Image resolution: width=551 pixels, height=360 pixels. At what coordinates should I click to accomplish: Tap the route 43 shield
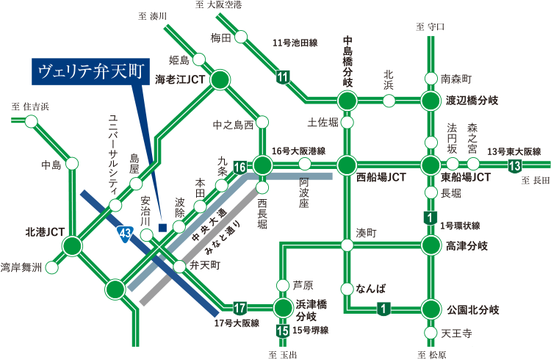[125, 234]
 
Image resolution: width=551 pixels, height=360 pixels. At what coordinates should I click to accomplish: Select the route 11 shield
[284, 77]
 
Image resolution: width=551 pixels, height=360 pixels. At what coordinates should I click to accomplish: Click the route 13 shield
[515, 166]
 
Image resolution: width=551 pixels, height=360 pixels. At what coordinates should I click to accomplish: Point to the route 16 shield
[239, 168]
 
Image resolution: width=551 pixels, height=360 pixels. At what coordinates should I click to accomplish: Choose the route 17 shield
[239, 307]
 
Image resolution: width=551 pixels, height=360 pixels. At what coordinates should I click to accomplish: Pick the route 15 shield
[283, 330]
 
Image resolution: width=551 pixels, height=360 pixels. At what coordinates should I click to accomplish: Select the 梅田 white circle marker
[241, 37]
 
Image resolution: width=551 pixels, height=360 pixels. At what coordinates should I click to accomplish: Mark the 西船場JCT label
[381, 178]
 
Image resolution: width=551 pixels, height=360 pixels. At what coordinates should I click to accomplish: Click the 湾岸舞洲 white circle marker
[51, 267]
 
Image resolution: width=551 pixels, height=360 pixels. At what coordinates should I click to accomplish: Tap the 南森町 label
[455, 79]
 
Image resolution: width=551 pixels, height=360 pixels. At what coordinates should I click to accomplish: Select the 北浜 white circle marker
[389, 101]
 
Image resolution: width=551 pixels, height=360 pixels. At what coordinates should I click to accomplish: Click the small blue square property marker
[162, 227]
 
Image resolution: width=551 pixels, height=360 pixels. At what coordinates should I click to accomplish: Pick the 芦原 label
[303, 285]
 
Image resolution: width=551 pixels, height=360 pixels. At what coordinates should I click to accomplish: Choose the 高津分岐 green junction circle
[431, 245]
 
